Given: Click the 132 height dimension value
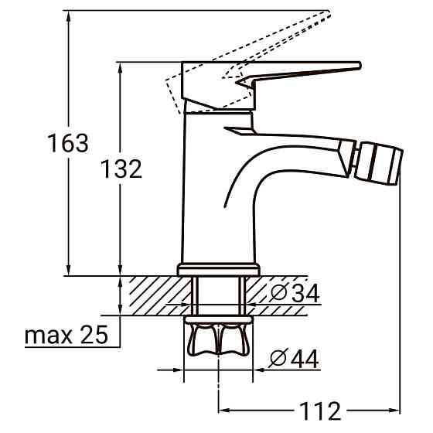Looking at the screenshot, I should click(x=121, y=169).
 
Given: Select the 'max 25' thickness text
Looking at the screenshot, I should click(x=65, y=336).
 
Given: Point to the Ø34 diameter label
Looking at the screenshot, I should click(x=295, y=294).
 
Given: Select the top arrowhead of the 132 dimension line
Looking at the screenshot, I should click(x=121, y=68).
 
